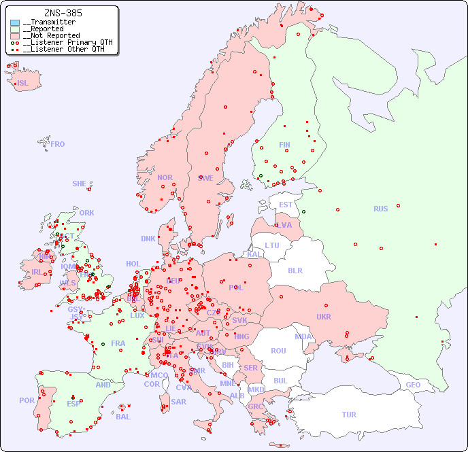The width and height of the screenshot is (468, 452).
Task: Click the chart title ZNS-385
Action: pyautogui.click(x=63, y=13)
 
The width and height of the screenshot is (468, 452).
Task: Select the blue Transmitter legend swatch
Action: pyautogui.click(x=15, y=22)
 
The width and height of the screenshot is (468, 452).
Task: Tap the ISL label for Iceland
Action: pyautogui.click(x=23, y=84)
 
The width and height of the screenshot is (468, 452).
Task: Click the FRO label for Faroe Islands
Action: pyautogui.click(x=58, y=144)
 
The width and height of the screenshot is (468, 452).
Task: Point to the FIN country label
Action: pyautogui.click(x=284, y=145)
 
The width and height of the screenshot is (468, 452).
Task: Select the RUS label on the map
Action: pyautogui.click(x=380, y=209)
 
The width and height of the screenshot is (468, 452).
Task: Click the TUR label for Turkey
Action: pyautogui.click(x=349, y=415)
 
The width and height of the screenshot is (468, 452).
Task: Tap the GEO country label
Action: pyautogui.click(x=413, y=385)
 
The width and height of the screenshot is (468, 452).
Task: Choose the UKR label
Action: pyautogui.click(x=324, y=317)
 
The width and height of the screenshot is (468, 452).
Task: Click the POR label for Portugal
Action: pyautogui.click(x=27, y=400)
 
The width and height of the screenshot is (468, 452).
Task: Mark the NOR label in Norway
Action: pyautogui.click(x=165, y=177)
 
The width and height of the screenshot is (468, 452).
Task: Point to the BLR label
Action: pyautogui.click(x=295, y=270)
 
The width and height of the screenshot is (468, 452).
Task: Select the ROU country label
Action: pyautogui.click(x=278, y=351)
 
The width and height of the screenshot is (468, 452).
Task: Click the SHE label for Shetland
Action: pyautogui.click(x=80, y=184)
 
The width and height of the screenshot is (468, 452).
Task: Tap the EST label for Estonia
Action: pyautogui.click(x=286, y=205)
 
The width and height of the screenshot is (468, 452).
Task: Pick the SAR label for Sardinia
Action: pyautogui.click(x=178, y=402)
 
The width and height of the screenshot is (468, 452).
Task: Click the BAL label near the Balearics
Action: pyautogui.click(x=123, y=417)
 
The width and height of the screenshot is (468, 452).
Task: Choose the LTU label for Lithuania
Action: pyautogui.click(x=272, y=245)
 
